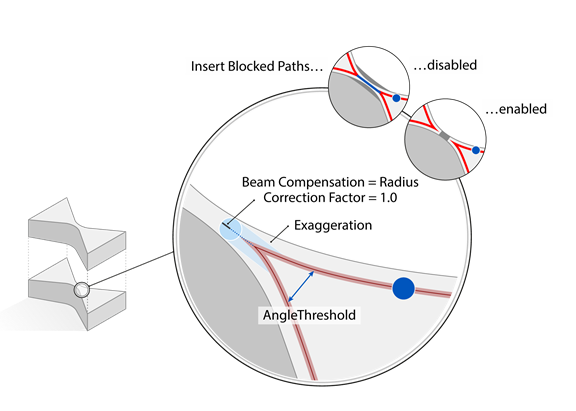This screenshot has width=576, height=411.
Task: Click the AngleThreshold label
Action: coord(309,315)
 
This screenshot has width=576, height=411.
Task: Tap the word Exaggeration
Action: coord(333,225)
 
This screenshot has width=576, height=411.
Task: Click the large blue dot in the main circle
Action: coord(403,288)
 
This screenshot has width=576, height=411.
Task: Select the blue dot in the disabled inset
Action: coord(396,98)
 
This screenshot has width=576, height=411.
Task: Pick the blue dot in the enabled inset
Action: coord(476,150)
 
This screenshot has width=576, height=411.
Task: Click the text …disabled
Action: coord(445,65)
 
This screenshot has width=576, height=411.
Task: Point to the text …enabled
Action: coord(516,109)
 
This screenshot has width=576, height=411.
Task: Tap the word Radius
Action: coord(399,182)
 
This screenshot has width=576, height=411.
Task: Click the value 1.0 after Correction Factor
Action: coord(389,198)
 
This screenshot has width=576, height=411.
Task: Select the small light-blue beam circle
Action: coord(230,229)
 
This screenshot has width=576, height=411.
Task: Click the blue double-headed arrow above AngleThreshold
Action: coord(301,286)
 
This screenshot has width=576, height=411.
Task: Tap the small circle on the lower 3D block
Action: coord(81,290)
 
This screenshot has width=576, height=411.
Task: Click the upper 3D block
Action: coord(77,234)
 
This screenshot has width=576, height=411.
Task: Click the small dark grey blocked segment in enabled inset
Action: coord(444,136)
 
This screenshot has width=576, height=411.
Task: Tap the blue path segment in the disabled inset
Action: coord(369,84)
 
